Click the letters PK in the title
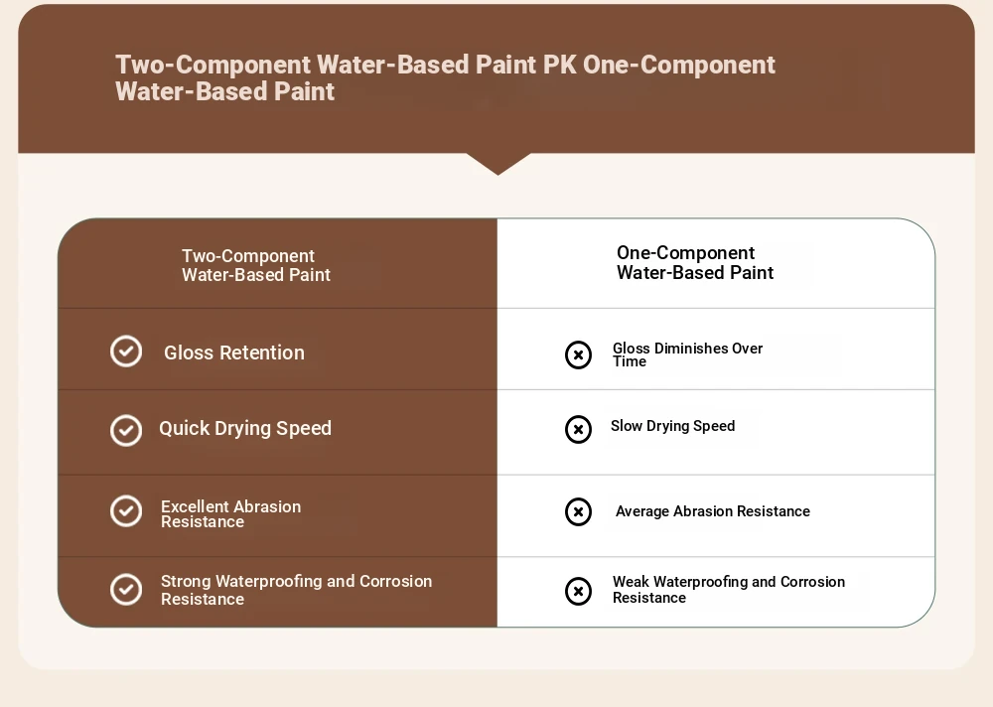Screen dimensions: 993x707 [560, 65]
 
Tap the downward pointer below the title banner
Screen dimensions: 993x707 [498, 163]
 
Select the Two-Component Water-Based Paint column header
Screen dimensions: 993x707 [256, 265]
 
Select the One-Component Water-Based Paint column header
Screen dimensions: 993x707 [695, 263]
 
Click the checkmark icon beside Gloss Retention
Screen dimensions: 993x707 [126, 351]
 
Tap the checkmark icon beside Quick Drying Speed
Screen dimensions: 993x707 [126, 431]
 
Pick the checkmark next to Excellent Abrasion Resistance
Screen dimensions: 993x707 [126, 511]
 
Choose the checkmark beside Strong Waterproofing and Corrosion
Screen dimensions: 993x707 [126, 590]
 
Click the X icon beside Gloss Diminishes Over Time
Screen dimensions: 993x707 [578, 354]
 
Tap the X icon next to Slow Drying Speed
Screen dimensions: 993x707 [578, 430]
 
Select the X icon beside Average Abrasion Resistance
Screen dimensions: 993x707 [578, 511]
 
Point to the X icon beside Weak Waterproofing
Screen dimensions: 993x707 [578, 591]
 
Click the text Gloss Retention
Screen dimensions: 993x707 [234, 353]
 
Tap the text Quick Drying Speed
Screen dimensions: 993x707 [245, 429]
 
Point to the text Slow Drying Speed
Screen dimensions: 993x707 [672, 426]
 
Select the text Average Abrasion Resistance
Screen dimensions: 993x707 [712, 511]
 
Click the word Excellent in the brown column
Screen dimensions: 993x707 [196, 506]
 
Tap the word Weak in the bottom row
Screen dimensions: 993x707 [631, 582]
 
